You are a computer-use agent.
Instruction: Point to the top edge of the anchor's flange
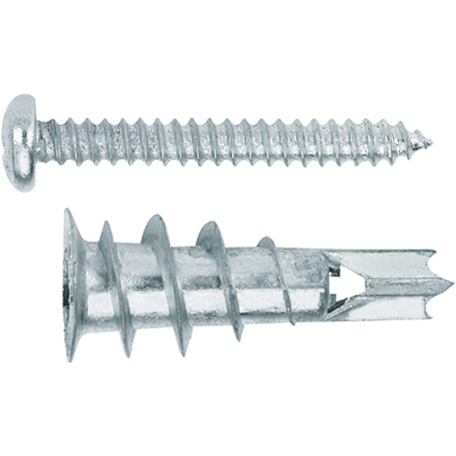pos(67,212)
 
